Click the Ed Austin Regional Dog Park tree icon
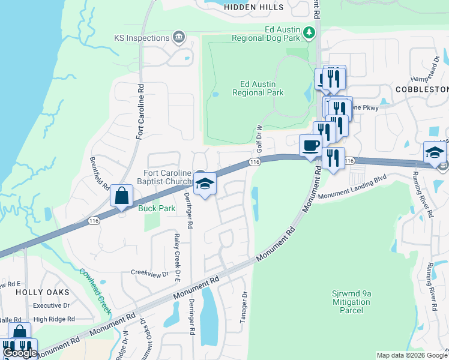tap(309, 32)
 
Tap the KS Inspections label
tap(142, 38)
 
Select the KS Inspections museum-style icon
tap(178, 38)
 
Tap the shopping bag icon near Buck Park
tap(121, 196)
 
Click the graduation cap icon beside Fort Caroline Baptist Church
tap(205, 184)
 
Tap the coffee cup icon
tap(311, 146)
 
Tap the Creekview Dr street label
tap(150, 273)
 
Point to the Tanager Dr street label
tap(244, 307)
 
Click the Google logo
tap(20, 353)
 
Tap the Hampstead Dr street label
tap(426, 70)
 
